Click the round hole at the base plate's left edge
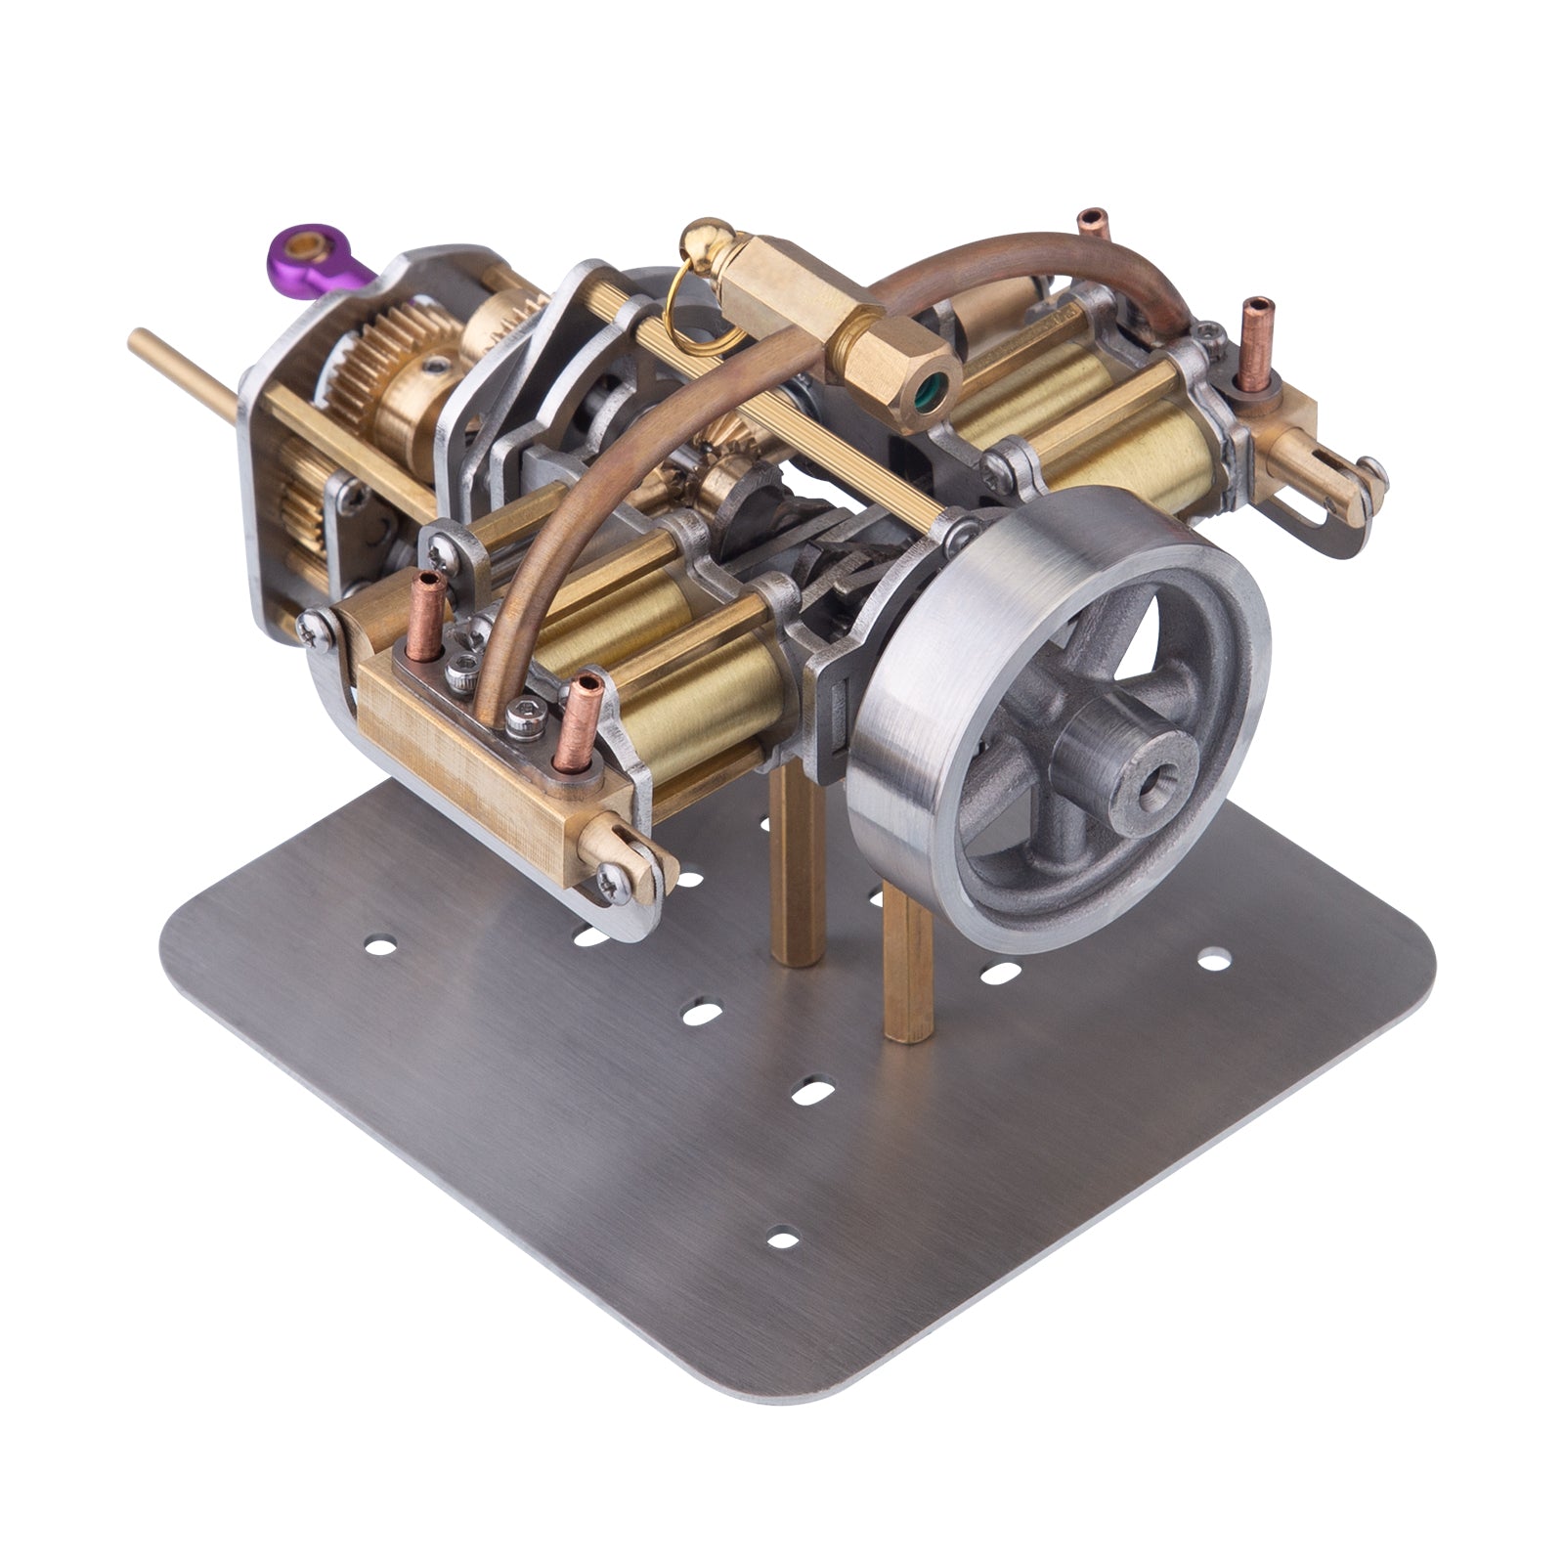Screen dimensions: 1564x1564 (x=378, y=945)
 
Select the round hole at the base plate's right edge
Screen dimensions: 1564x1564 (x=1213, y=962)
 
